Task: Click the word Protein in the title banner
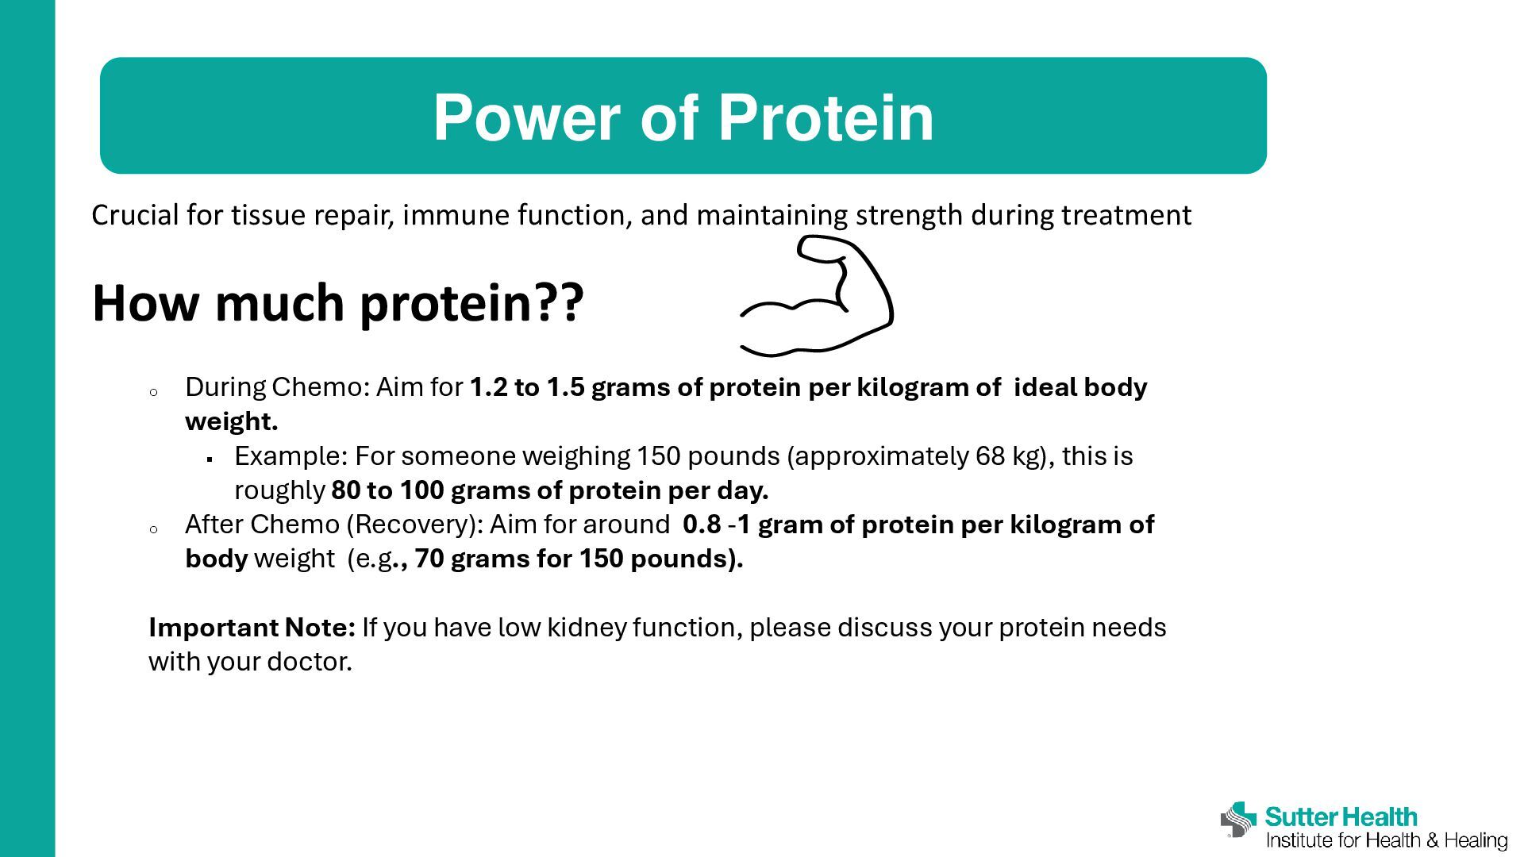pyautogui.click(x=825, y=117)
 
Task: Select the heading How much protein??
pyautogui.click(x=338, y=303)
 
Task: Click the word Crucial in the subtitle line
pyautogui.click(x=135, y=215)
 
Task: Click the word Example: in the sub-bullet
pyautogui.click(x=291, y=456)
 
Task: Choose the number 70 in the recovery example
pyautogui.click(x=429, y=559)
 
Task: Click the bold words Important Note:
pyautogui.click(x=252, y=628)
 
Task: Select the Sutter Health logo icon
pyautogui.click(x=1239, y=819)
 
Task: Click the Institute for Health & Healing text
pyautogui.click(x=1387, y=840)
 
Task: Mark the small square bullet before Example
pyautogui.click(x=210, y=459)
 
